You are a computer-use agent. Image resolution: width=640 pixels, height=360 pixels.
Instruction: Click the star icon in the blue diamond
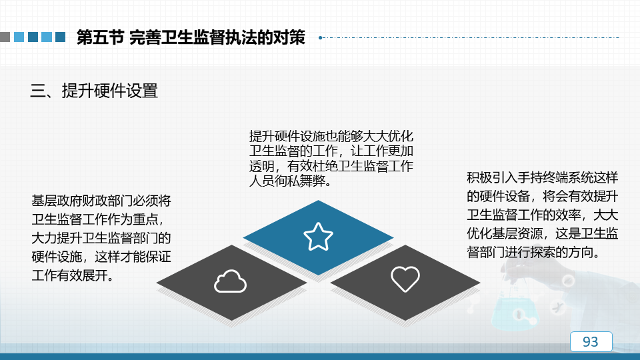[x=319, y=236]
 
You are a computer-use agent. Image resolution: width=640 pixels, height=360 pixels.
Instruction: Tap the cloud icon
[x=230, y=281]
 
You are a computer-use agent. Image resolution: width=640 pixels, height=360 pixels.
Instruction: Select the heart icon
[x=405, y=279]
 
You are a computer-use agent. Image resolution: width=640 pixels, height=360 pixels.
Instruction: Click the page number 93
[x=591, y=341]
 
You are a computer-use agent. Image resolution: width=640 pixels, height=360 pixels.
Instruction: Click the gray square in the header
[x=5, y=37]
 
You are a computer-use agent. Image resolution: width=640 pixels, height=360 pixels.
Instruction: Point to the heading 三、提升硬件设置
[x=94, y=91]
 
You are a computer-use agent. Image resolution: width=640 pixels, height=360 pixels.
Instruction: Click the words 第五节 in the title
[x=101, y=37]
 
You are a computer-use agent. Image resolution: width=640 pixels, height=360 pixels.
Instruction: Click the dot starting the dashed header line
[x=321, y=37]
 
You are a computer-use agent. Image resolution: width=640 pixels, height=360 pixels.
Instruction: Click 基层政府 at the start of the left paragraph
[x=57, y=201]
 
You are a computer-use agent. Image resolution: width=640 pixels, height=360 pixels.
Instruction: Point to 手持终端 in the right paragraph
[x=543, y=177]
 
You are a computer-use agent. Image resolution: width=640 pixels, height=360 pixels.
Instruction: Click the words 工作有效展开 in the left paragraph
[x=69, y=275]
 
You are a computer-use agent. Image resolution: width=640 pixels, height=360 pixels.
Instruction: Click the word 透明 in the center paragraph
[x=261, y=166]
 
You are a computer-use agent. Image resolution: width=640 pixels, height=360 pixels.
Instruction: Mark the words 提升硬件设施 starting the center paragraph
[x=287, y=136]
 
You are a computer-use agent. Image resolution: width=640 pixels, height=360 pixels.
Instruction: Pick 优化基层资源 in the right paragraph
[x=505, y=233]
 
